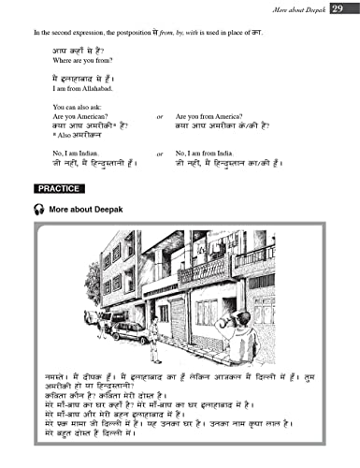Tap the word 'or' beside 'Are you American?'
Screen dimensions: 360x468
pos(160,117)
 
